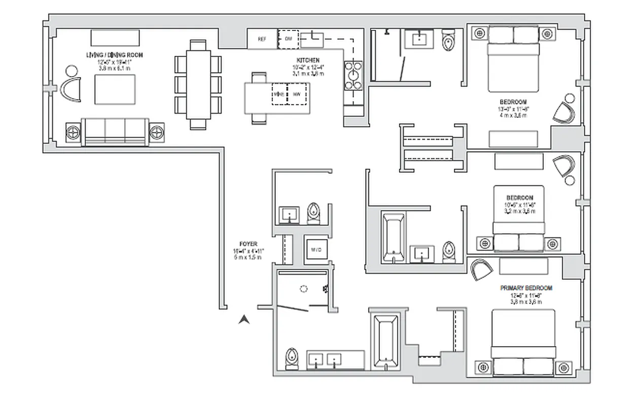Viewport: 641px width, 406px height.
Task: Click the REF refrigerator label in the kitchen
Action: point(262,39)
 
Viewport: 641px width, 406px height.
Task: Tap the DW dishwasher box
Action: point(288,39)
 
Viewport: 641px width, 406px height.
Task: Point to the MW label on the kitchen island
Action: point(297,94)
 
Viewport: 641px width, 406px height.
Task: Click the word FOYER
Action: point(248,244)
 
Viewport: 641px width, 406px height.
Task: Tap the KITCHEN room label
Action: point(308,60)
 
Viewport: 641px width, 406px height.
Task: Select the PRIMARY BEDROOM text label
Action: point(526,288)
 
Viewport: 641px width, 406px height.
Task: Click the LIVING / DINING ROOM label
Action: point(114,55)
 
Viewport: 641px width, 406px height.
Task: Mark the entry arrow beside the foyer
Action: point(244,319)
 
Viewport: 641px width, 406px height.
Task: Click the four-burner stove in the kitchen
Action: point(353,75)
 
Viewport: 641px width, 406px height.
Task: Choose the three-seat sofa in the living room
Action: point(115,132)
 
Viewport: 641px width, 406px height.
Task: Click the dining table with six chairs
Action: point(198,84)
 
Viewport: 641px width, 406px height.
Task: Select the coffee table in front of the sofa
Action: point(115,90)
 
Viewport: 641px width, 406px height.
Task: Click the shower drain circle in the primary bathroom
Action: point(303,289)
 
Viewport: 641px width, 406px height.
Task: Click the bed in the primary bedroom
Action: point(523,343)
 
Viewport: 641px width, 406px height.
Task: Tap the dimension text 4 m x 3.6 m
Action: point(512,115)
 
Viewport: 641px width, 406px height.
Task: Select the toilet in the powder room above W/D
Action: point(314,213)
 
